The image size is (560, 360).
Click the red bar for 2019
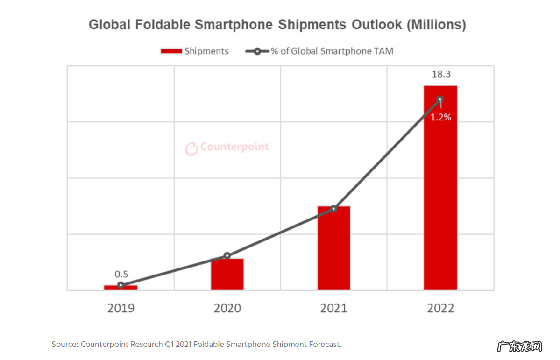[121, 288]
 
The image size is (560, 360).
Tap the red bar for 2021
[333, 248]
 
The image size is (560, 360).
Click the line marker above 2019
[121, 285]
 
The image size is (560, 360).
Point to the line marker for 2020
[227, 256]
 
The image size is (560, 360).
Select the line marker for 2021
[333, 208]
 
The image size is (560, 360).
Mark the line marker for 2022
[440, 99]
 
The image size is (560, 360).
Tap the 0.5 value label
[121, 275]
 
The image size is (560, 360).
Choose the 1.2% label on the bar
[440, 118]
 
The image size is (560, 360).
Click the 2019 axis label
[121, 308]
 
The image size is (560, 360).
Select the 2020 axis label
[227, 308]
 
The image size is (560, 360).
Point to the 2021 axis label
[333, 308]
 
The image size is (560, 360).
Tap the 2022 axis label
[440, 308]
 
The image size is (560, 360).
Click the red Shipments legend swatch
[171, 51]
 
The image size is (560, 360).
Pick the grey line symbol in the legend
[257, 51]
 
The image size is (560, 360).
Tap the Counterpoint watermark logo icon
[191, 148]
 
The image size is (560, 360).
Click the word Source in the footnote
[64, 345]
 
